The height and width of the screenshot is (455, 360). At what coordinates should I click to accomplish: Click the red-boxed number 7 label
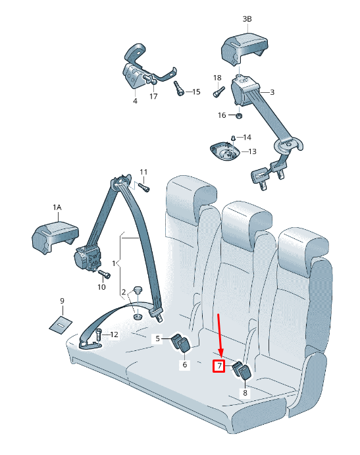coord(219,365)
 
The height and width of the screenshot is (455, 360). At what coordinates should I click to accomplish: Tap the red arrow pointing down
coord(220,335)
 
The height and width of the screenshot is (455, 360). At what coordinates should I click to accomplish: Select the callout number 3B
coord(247,19)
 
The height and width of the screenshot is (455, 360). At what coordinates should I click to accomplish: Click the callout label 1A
coord(57,207)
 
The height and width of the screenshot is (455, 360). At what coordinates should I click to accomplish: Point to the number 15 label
coord(196,92)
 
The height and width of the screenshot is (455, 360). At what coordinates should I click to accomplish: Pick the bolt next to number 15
coord(178,88)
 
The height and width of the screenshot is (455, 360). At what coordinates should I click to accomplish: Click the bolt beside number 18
coord(219,92)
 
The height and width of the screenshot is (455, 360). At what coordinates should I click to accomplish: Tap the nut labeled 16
coord(240,116)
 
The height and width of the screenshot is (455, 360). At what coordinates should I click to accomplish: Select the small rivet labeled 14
coord(232,138)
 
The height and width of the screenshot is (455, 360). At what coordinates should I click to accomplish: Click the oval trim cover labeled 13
coord(225,151)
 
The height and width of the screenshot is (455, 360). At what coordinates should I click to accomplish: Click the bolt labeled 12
coord(99,335)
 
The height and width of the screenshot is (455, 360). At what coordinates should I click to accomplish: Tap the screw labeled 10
coord(104,274)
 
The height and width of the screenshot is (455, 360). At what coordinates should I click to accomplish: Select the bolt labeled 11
coord(144,187)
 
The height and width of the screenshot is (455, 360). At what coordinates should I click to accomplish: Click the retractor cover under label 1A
coord(55,238)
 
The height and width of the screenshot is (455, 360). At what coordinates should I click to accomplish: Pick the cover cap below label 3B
coord(244,49)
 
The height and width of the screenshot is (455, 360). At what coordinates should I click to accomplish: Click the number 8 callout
coord(245,393)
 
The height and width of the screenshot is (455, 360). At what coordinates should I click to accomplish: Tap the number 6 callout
coord(185,365)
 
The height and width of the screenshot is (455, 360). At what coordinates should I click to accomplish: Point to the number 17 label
coord(153,96)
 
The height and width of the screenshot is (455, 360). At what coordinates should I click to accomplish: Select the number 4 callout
coord(135,101)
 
